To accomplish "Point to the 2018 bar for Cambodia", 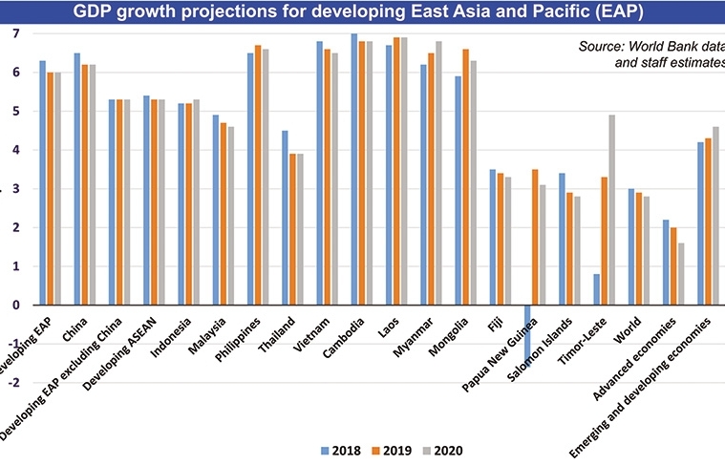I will tap(353, 169).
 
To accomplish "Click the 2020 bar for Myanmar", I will tap(438, 173).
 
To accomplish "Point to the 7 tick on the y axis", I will tap(14, 33).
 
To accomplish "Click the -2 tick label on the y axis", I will tap(12, 383).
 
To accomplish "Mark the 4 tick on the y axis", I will tap(14, 150).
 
